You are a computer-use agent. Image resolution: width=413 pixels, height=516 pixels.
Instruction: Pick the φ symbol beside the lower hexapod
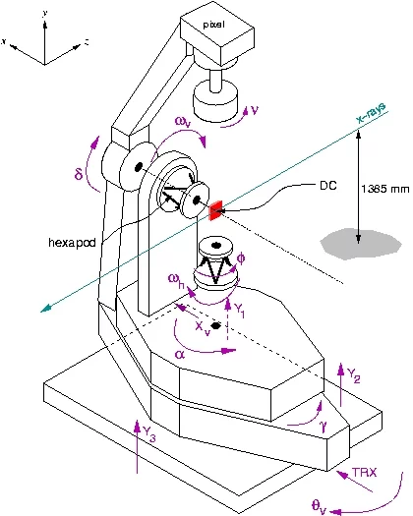tap(244, 256)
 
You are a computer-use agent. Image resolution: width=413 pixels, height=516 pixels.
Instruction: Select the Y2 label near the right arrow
tap(356, 374)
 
